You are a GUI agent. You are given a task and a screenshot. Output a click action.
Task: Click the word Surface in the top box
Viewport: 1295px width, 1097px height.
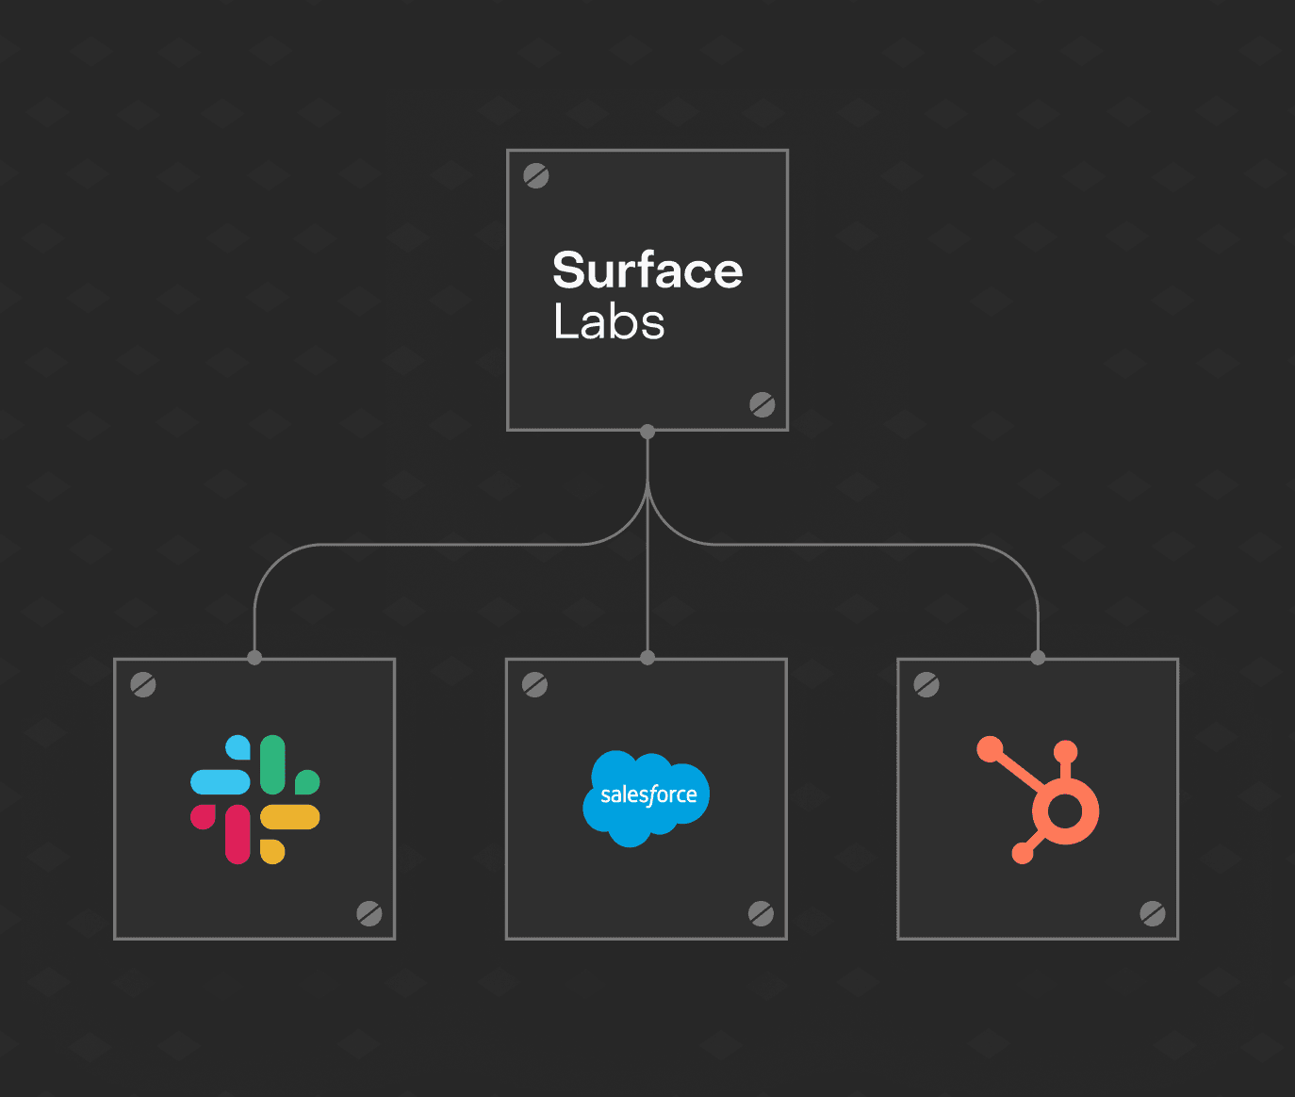(x=647, y=270)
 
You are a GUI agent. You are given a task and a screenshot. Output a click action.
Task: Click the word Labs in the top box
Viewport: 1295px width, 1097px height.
(x=609, y=322)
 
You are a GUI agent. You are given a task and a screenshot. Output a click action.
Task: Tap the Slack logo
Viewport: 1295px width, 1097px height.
(x=254, y=799)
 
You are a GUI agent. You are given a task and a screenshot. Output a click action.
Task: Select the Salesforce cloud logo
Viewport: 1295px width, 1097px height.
(x=647, y=797)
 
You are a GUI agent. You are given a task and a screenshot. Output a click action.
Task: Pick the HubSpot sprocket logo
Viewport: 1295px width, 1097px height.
(x=1041, y=800)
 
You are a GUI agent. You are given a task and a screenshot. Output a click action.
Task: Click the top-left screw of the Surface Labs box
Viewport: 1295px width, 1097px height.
(x=536, y=176)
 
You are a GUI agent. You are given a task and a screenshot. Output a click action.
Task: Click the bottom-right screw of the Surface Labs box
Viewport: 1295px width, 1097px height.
(x=762, y=404)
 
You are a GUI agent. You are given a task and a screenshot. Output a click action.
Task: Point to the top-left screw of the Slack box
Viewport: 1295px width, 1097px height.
(x=143, y=685)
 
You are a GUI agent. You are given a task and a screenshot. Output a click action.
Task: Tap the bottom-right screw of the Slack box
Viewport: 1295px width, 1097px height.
(x=369, y=913)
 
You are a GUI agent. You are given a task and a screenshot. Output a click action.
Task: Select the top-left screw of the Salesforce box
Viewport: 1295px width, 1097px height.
(x=535, y=685)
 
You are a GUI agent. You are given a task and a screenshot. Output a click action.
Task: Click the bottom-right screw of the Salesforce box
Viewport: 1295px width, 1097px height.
(x=761, y=913)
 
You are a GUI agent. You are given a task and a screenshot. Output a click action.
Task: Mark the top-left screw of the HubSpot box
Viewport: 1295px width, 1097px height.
(x=926, y=685)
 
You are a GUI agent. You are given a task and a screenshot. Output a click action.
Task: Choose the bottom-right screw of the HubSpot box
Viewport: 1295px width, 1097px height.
(x=1152, y=913)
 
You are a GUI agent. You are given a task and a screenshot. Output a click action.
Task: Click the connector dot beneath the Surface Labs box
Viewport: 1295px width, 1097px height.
(x=647, y=432)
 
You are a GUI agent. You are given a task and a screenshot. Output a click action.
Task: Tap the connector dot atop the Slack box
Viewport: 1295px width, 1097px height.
(x=254, y=658)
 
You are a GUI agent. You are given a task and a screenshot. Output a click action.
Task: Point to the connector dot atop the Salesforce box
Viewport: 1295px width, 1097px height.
(x=647, y=658)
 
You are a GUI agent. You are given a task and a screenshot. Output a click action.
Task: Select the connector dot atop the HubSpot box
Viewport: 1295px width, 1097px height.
(x=1038, y=658)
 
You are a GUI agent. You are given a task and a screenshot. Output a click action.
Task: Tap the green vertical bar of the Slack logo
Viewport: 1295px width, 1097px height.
(x=272, y=764)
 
